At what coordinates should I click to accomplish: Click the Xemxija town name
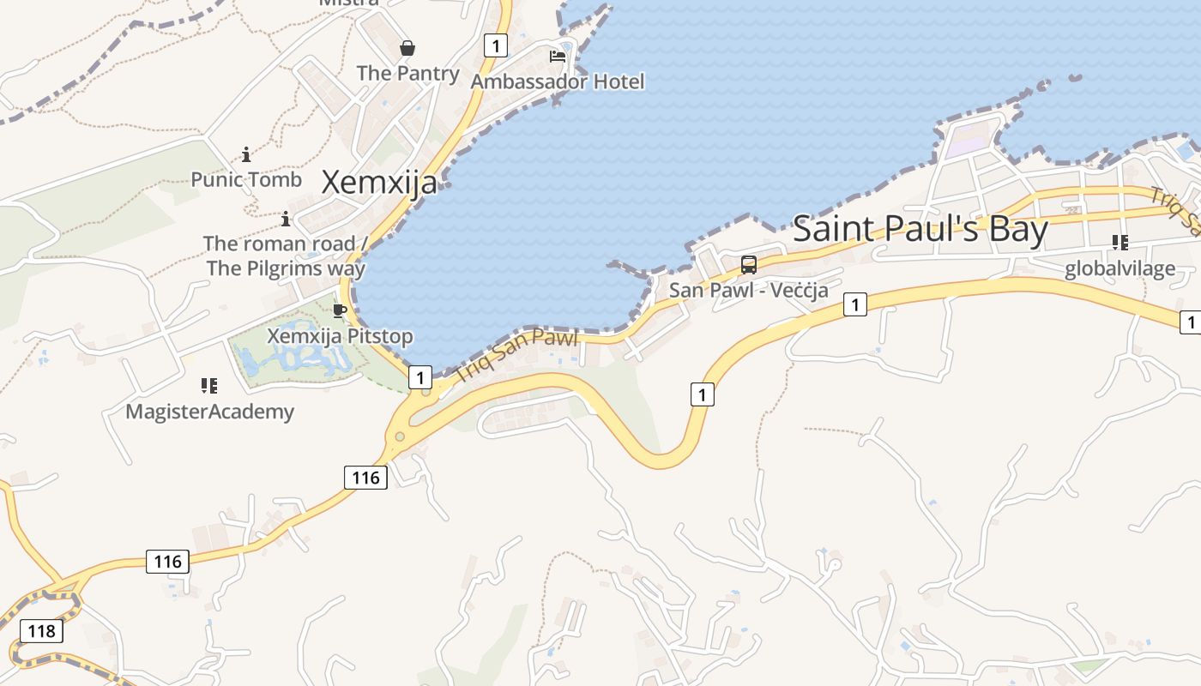coord(378,182)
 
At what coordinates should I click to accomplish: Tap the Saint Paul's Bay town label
coord(920,229)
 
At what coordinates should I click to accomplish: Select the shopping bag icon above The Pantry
coord(407,48)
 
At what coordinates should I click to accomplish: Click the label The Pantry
coord(407,73)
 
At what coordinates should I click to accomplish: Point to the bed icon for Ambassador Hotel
coord(558,57)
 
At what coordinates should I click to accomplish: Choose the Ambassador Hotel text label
coord(558,81)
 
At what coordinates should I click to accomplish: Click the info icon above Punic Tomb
coord(246,154)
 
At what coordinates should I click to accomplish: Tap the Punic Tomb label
coord(246,179)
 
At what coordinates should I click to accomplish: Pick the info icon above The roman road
coord(286,219)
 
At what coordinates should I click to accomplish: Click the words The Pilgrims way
coord(286,268)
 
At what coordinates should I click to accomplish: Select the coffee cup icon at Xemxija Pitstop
coord(340,310)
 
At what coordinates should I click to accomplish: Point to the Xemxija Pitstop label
coord(340,335)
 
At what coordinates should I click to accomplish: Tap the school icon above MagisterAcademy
coord(209,386)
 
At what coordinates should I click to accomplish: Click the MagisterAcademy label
coord(209,412)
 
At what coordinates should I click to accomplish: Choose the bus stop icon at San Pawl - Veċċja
coord(749,264)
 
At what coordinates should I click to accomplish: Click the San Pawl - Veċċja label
coord(749,290)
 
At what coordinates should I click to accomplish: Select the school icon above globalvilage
coord(1120,243)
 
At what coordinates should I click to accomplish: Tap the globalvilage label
coord(1120,268)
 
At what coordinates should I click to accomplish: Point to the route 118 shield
coord(41,631)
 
